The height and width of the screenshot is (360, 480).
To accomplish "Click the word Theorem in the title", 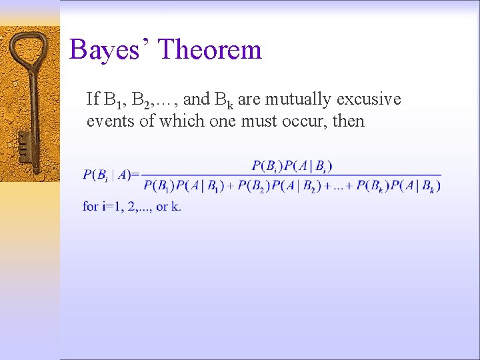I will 211,50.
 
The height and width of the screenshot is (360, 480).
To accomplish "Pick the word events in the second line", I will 107,121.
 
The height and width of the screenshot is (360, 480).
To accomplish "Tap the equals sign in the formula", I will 135,175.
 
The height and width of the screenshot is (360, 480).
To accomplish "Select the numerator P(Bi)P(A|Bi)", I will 291,165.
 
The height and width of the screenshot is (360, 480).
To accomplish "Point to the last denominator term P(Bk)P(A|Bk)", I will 398,186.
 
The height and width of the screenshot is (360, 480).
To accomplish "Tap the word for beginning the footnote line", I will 91,207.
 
